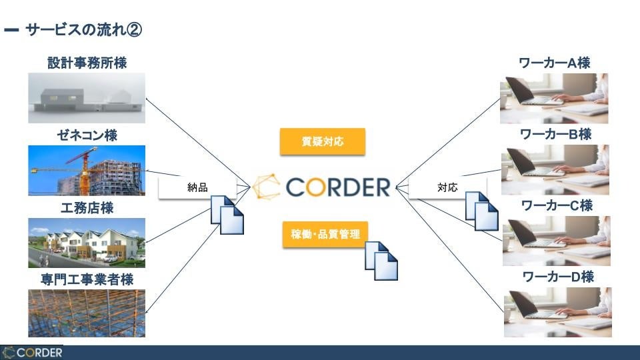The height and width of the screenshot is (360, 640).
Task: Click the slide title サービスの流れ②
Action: [84, 30]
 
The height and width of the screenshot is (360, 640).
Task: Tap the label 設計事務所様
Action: [87, 63]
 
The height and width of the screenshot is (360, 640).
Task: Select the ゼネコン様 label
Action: [87, 135]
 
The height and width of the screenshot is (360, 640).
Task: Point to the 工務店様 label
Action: [87, 208]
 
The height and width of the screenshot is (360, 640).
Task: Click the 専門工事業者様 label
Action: [87, 279]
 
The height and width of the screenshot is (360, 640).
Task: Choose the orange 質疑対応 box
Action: [323, 141]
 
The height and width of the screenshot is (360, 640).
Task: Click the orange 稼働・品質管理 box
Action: [325, 235]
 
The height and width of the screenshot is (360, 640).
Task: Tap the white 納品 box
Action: [197, 187]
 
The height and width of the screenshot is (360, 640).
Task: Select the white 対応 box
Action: [447, 187]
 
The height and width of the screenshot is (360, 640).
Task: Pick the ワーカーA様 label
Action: [555, 63]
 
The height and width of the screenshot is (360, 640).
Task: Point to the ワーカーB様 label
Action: [555, 134]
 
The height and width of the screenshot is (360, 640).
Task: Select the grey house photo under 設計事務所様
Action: [87, 98]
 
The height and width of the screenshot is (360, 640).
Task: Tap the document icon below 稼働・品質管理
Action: [381, 259]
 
